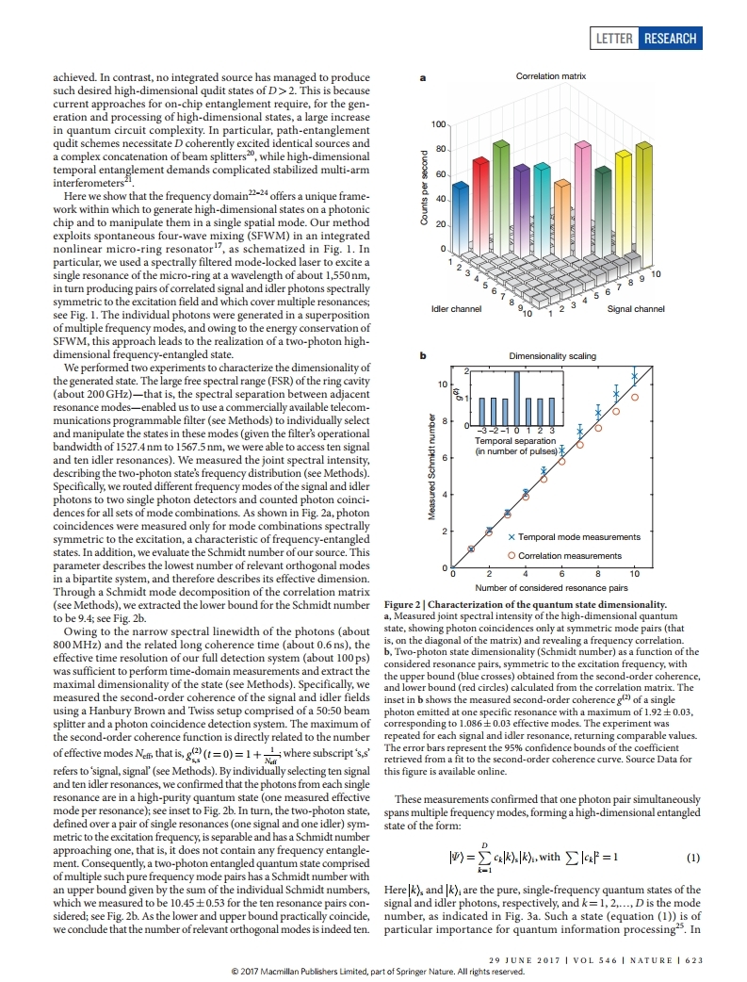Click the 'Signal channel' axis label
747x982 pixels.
pos(638,308)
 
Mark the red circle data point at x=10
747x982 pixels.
pos(635,397)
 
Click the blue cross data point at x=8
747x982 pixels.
pos(598,412)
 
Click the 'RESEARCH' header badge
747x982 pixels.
pos(670,39)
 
